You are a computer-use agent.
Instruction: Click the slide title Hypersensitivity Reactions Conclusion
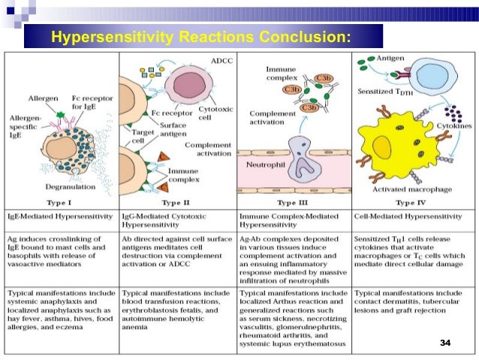(x=200, y=37)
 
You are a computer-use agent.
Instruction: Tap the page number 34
(x=445, y=343)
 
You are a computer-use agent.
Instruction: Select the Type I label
(x=62, y=203)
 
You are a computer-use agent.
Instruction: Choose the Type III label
(x=294, y=203)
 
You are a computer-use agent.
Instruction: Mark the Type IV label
(x=411, y=203)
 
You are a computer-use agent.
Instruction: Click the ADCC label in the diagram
(x=221, y=59)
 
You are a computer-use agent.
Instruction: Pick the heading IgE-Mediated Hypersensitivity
(x=62, y=216)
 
